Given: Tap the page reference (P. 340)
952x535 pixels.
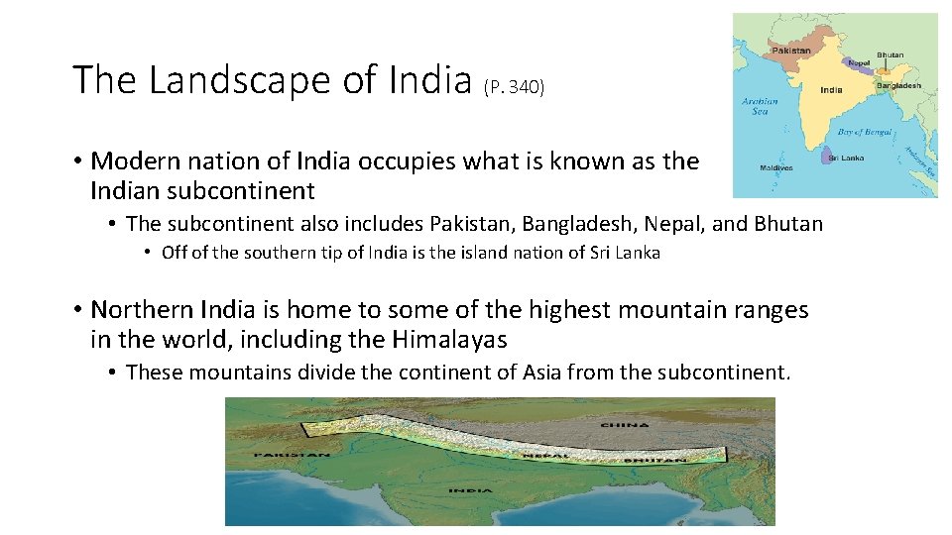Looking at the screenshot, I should pyautogui.click(x=514, y=87).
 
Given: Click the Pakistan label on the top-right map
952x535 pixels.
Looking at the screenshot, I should pyautogui.click(x=790, y=51).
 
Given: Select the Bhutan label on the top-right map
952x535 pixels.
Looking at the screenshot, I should pyautogui.click(x=890, y=54).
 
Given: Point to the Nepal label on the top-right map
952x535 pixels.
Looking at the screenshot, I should pyautogui.click(x=858, y=63).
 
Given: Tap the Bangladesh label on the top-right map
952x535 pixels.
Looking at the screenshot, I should pyautogui.click(x=898, y=85).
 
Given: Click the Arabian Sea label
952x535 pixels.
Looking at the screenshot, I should pyautogui.click(x=760, y=106).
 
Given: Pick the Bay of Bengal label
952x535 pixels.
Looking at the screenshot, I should pyautogui.click(x=859, y=132).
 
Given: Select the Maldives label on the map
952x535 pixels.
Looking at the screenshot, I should pyautogui.click(x=777, y=167).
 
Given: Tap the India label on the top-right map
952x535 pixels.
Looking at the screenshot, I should pyautogui.click(x=831, y=89).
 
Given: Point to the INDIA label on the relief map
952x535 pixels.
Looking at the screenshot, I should pyautogui.click(x=471, y=490).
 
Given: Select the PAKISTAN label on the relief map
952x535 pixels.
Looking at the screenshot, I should pyautogui.click(x=292, y=455).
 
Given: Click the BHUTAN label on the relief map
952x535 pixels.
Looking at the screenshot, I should pyautogui.click(x=655, y=460).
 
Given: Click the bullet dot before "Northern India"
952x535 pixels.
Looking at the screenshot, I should pyautogui.click(x=76, y=311).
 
